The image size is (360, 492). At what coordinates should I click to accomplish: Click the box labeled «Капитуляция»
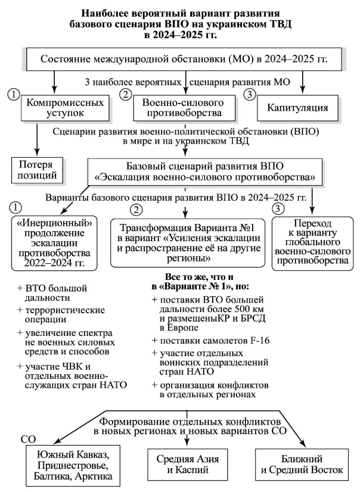click(297, 108)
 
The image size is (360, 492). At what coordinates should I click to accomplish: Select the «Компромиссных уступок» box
click(65, 108)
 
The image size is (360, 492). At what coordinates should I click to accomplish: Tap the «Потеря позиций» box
click(37, 170)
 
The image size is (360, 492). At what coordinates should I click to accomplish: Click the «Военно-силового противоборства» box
click(184, 108)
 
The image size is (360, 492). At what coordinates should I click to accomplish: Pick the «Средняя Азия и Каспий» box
click(187, 465)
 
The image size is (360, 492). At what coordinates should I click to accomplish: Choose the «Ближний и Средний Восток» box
click(302, 465)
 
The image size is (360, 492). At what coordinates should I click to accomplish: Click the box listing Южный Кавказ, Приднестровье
click(73, 465)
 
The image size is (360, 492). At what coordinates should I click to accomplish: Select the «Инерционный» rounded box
click(54, 243)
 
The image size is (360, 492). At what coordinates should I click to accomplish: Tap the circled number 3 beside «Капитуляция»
click(250, 94)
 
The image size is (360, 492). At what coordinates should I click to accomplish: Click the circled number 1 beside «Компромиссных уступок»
click(14, 94)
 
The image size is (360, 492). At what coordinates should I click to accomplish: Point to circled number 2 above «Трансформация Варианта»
click(136, 210)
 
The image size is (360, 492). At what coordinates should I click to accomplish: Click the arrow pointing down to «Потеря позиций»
click(37, 139)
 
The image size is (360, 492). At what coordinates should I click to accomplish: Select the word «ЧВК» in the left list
click(73, 366)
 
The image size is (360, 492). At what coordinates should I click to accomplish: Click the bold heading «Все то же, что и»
click(199, 277)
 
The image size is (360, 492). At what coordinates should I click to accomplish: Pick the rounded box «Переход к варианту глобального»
click(312, 243)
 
